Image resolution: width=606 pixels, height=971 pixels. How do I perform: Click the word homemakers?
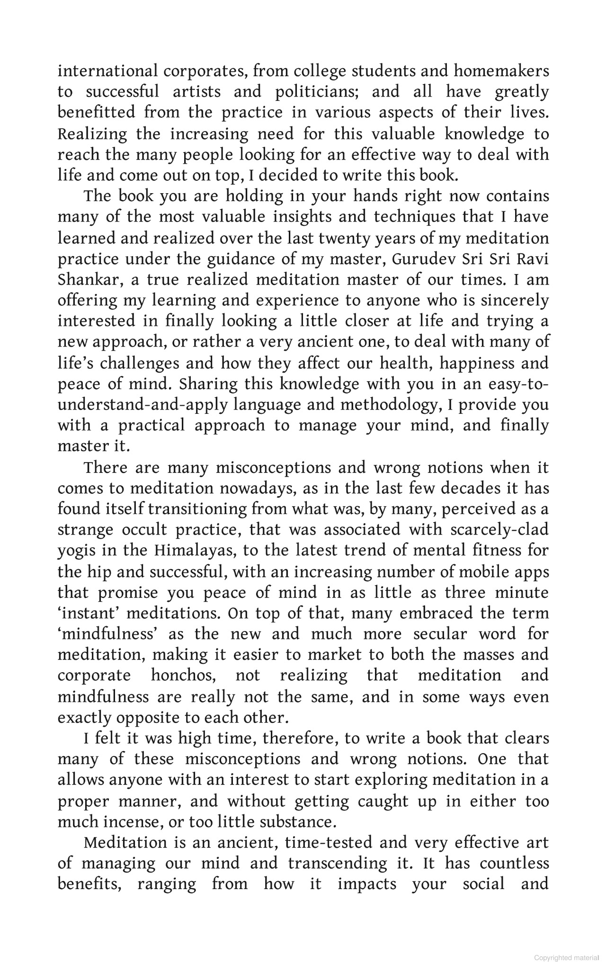pyautogui.click(x=501, y=71)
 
